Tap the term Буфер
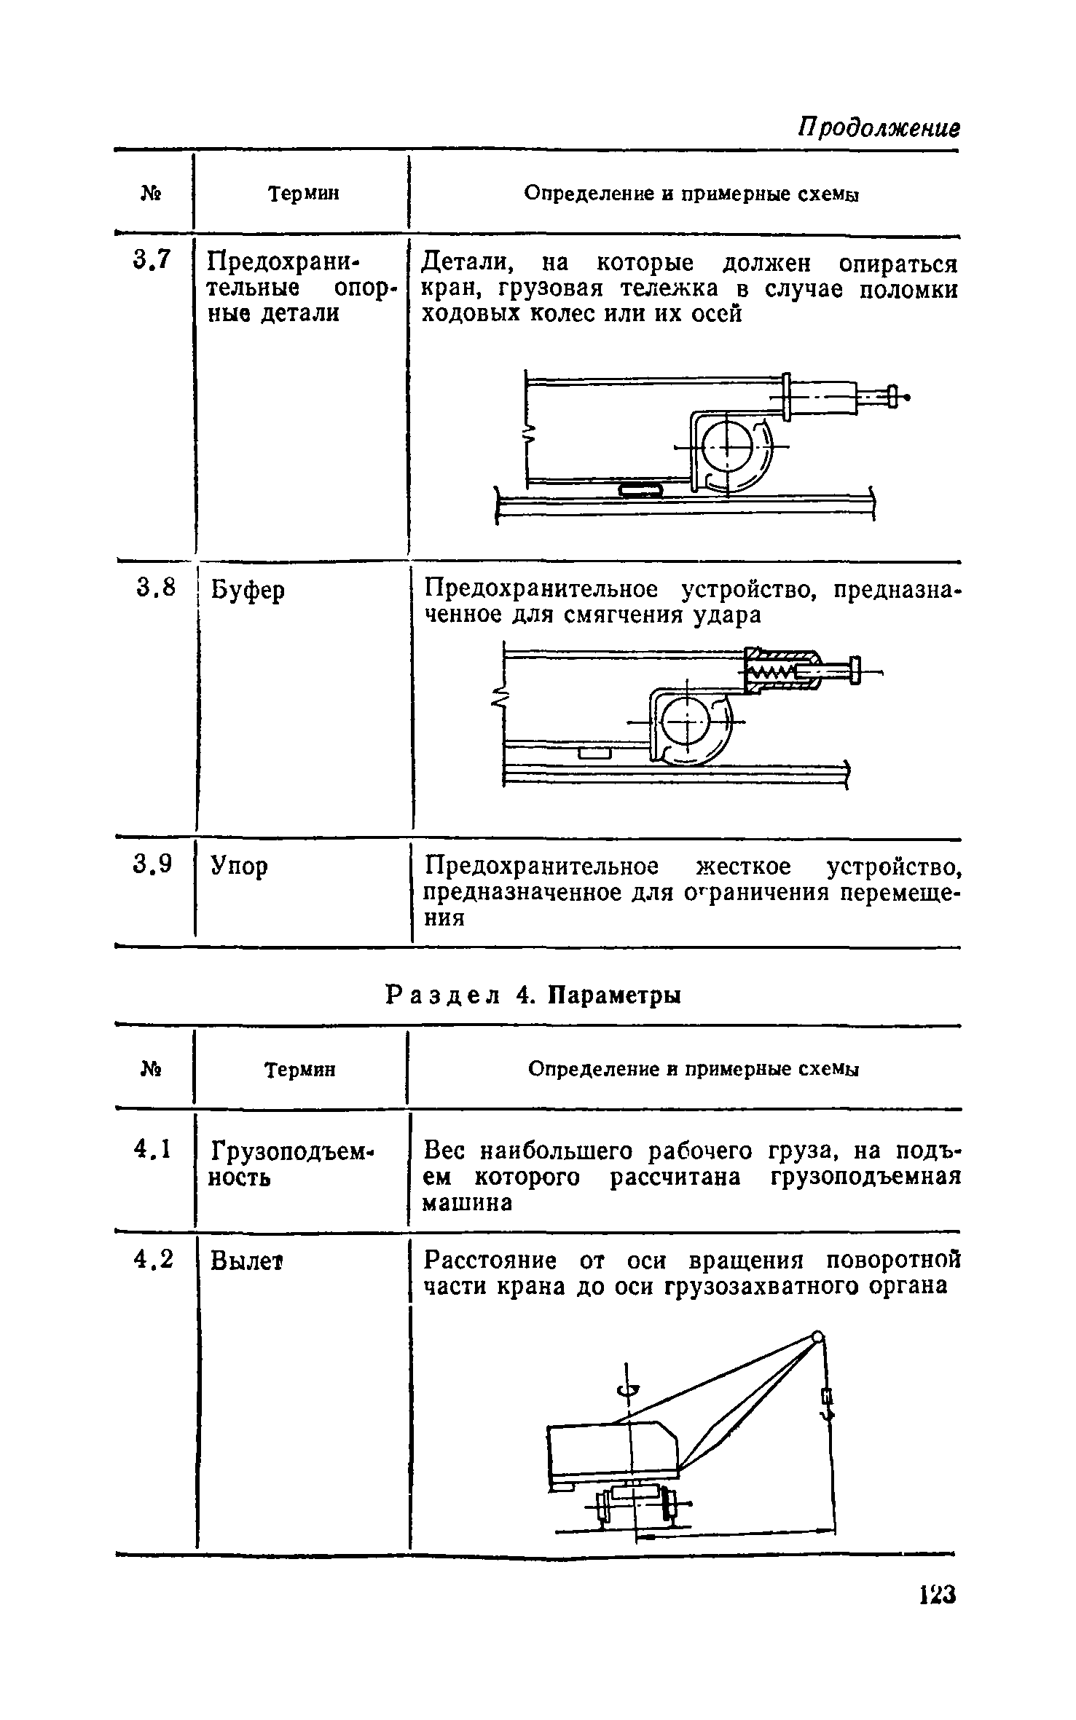(x=248, y=590)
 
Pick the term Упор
(x=239, y=866)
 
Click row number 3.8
(x=154, y=587)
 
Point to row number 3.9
(x=154, y=864)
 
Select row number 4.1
(x=152, y=1150)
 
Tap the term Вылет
(x=246, y=1261)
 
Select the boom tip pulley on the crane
(x=818, y=1336)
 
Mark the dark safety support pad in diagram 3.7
(x=640, y=490)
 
